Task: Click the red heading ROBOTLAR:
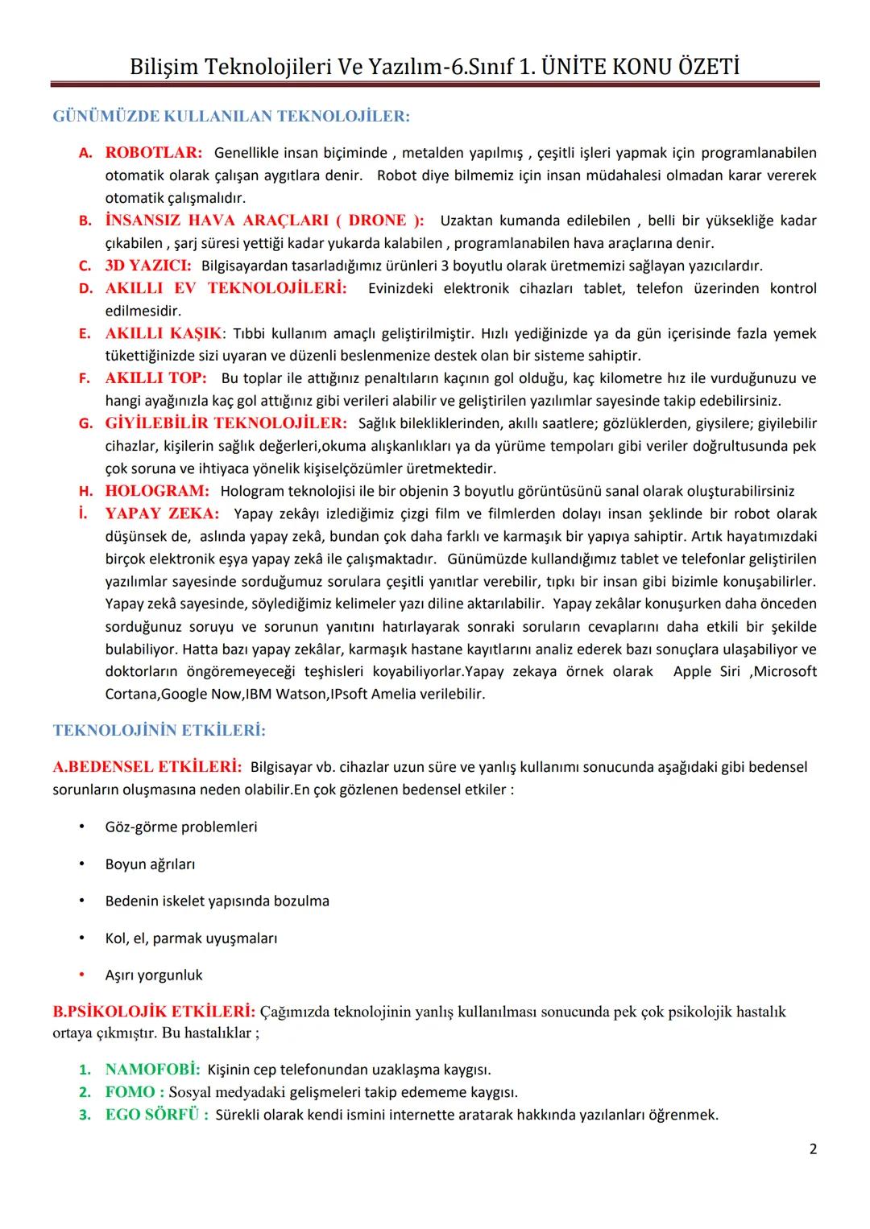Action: pyautogui.click(x=154, y=153)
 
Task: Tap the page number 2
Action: pyautogui.click(x=813, y=1149)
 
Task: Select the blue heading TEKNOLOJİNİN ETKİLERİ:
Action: pyautogui.click(x=159, y=731)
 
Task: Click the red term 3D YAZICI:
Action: pyautogui.click(x=148, y=266)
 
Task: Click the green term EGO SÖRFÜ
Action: pyautogui.click(x=152, y=1115)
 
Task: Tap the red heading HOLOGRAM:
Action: pyautogui.click(x=157, y=491)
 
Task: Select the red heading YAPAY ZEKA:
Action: pyautogui.click(x=162, y=513)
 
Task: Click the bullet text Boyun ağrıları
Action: pyautogui.click(x=150, y=864)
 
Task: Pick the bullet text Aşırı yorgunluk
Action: pyautogui.click(x=154, y=975)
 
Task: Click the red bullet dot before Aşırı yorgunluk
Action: pyautogui.click(x=81, y=975)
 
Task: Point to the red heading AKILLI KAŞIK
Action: pyautogui.click(x=163, y=333)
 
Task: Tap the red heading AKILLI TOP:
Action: pyautogui.click(x=155, y=378)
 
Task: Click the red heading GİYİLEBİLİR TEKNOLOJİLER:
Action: pyautogui.click(x=226, y=423)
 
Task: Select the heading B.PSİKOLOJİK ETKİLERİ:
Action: pyautogui.click(x=154, y=1011)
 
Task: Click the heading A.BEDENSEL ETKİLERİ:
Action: pyautogui.click(x=147, y=766)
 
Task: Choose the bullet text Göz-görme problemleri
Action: pyautogui.click(x=181, y=827)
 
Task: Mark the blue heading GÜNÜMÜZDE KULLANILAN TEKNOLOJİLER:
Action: pyautogui.click(x=231, y=117)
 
